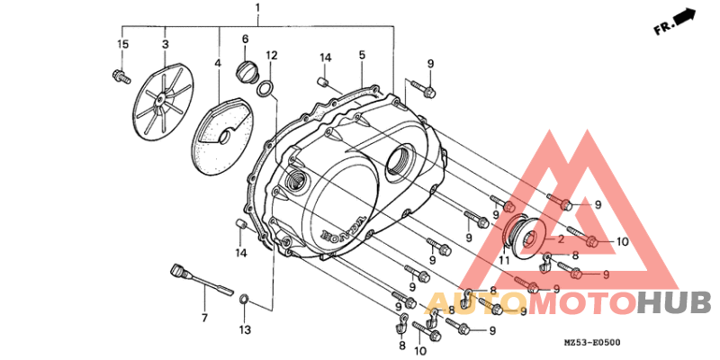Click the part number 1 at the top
(257, 8)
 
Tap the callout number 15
(122, 44)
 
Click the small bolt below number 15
(121, 76)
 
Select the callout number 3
(166, 44)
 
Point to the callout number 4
(218, 62)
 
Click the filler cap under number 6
(245, 73)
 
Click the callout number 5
(362, 55)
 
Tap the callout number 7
(204, 318)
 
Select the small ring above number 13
(245, 301)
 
